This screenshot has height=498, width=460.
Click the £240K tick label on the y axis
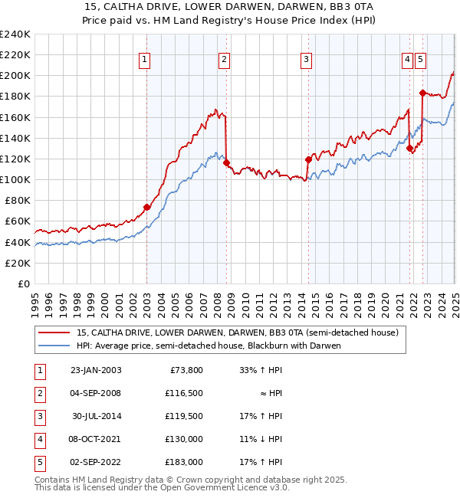click(15, 34)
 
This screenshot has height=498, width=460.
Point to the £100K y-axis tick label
click(15, 179)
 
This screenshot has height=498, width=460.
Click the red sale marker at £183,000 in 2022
click(422, 93)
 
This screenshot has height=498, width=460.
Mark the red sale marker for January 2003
click(146, 207)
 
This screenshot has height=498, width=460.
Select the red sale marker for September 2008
click(226, 162)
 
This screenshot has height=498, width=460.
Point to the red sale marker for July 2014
click(308, 159)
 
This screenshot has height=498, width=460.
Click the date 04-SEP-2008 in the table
click(96, 393)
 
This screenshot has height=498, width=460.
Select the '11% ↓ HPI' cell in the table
click(260, 439)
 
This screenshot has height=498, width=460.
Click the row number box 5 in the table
click(40, 462)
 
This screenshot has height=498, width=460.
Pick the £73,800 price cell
click(185, 370)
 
